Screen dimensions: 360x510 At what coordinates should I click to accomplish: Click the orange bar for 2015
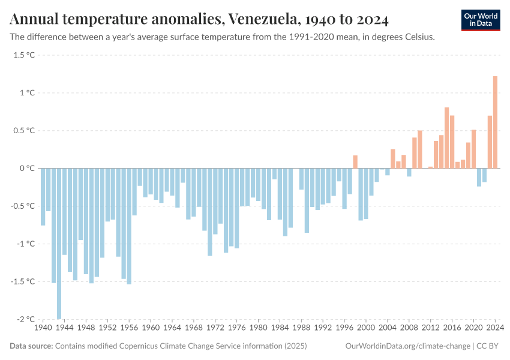447,138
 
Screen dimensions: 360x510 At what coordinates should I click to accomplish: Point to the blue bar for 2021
479,177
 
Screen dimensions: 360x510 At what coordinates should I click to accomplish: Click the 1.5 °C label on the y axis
25,55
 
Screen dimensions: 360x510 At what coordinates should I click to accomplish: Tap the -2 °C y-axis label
25,319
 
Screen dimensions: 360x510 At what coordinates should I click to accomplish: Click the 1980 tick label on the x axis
259,328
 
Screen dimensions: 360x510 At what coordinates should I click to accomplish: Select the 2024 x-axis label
494,328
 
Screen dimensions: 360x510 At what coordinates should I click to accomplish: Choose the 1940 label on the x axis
43,328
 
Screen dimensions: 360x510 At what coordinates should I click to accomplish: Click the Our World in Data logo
480,20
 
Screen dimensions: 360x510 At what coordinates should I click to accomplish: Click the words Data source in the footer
31,346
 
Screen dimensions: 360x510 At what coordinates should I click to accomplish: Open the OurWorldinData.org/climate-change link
407,346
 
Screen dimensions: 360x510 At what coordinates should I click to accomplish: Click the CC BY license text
488,346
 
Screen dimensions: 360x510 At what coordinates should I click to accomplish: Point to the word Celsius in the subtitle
417,37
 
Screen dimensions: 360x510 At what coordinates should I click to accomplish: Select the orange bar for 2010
420,149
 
